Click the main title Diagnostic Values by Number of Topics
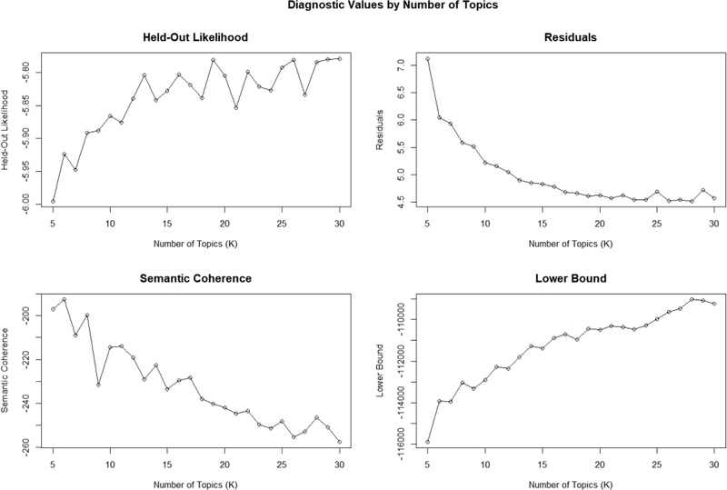[x=393, y=5]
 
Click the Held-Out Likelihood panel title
[x=195, y=37]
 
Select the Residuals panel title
[x=571, y=37]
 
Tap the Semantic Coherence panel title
[x=195, y=278]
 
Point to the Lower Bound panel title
[x=571, y=278]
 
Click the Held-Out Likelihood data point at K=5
[x=53, y=202]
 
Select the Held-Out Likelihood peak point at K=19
[x=214, y=60]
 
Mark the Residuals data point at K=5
[x=427, y=58]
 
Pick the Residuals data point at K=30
[x=714, y=198]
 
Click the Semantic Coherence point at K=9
[x=99, y=385]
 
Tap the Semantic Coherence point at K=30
[x=339, y=442]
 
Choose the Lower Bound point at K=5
[x=427, y=442]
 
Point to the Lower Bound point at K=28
[x=692, y=299]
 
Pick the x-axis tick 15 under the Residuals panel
[x=542, y=225]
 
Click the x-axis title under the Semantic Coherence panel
[x=195, y=485]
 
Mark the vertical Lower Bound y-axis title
[x=380, y=370]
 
